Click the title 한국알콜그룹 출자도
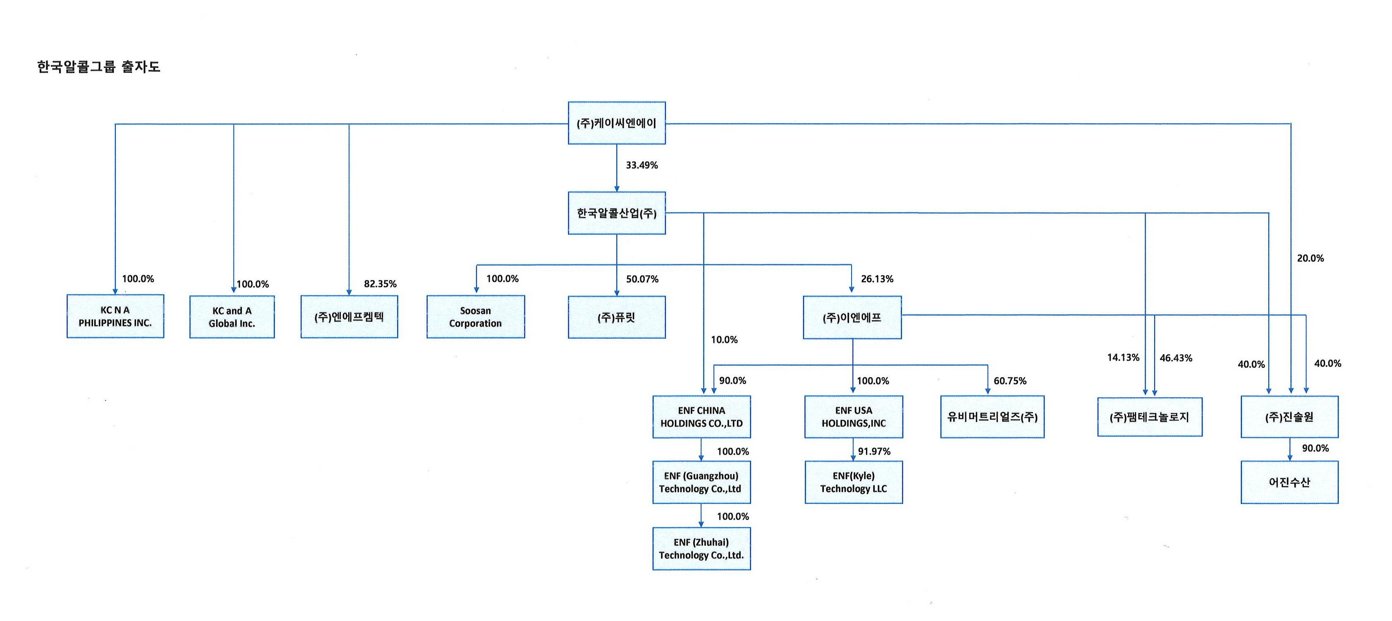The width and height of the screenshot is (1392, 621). point(98,67)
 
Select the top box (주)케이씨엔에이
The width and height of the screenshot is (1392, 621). point(617,123)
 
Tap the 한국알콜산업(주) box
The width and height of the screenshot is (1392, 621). point(617,213)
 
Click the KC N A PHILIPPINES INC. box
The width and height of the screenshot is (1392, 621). point(115,316)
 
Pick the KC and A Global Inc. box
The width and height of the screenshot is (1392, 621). point(232,317)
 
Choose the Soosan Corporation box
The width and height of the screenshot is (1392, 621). point(476,317)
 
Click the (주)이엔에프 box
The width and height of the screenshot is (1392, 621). point(852,317)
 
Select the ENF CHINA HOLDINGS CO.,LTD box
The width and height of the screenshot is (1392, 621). point(701,417)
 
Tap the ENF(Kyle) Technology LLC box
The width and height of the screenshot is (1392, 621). point(854,482)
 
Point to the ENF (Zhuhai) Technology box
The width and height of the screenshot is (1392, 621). point(701,548)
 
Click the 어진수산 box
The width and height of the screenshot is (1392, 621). point(1289,482)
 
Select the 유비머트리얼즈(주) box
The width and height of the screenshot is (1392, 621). point(992,417)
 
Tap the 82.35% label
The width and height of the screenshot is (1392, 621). point(380,284)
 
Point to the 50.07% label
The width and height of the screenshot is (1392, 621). point(642,279)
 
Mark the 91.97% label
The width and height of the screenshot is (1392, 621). point(874,451)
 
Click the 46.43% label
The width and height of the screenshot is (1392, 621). point(1176,358)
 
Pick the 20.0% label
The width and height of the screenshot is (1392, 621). point(1311,258)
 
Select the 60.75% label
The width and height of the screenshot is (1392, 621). point(1010,381)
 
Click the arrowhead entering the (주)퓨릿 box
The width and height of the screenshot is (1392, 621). point(617,293)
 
